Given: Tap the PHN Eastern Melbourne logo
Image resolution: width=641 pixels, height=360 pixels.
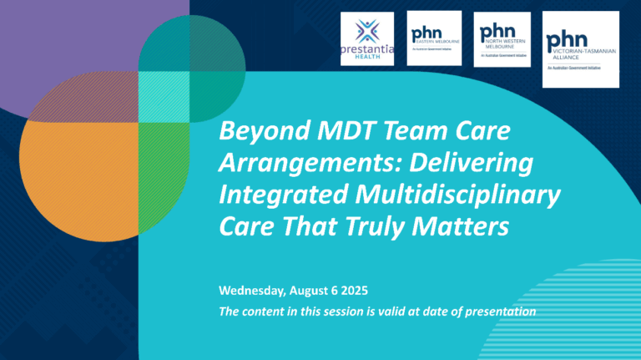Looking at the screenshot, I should [x=434, y=38].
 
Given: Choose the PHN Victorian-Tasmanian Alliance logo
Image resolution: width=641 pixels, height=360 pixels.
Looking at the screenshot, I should [x=581, y=48].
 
